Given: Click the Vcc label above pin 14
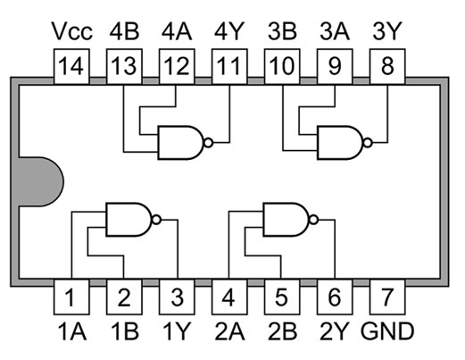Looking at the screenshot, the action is [71, 31].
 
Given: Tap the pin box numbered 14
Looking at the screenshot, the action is [71, 67].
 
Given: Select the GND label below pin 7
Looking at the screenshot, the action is [387, 331].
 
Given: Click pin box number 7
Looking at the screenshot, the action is [387, 297].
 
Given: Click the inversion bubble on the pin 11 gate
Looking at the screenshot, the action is [209, 143].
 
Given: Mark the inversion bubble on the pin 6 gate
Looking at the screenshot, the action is [313, 220].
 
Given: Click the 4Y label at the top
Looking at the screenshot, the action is [229, 31].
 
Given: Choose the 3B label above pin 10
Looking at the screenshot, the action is [282, 31].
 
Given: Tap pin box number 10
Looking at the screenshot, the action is [282, 67].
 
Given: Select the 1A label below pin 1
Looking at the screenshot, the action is [71, 331].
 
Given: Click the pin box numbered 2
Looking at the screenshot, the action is [124, 297].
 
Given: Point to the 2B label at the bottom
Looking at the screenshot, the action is [282, 331].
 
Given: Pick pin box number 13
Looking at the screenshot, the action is [124, 67].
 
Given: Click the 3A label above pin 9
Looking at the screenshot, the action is [335, 31].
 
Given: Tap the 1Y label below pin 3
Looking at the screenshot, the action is [176, 331].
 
